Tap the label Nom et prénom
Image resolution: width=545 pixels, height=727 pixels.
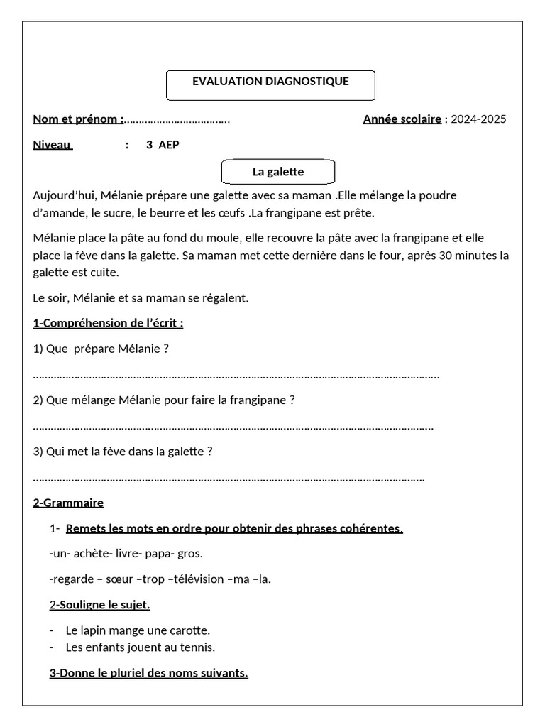(x=78, y=119)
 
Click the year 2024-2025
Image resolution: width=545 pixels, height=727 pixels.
(x=478, y=119)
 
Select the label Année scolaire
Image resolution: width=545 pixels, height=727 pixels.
(x=402, y=119)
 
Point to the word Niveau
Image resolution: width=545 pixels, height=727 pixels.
(x=53, y=145)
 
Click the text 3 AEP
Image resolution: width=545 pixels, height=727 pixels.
(x=163, y=145)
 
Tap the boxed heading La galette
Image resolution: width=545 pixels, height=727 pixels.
(x=277, y=172)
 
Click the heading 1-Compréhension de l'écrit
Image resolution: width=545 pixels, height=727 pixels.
(x=108, y=324)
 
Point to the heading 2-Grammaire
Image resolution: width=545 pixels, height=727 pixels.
(x=68, y=503)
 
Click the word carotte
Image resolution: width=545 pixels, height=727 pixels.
(x=189, y=630)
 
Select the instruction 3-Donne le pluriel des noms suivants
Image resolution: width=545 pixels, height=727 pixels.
(x=149, y=673)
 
